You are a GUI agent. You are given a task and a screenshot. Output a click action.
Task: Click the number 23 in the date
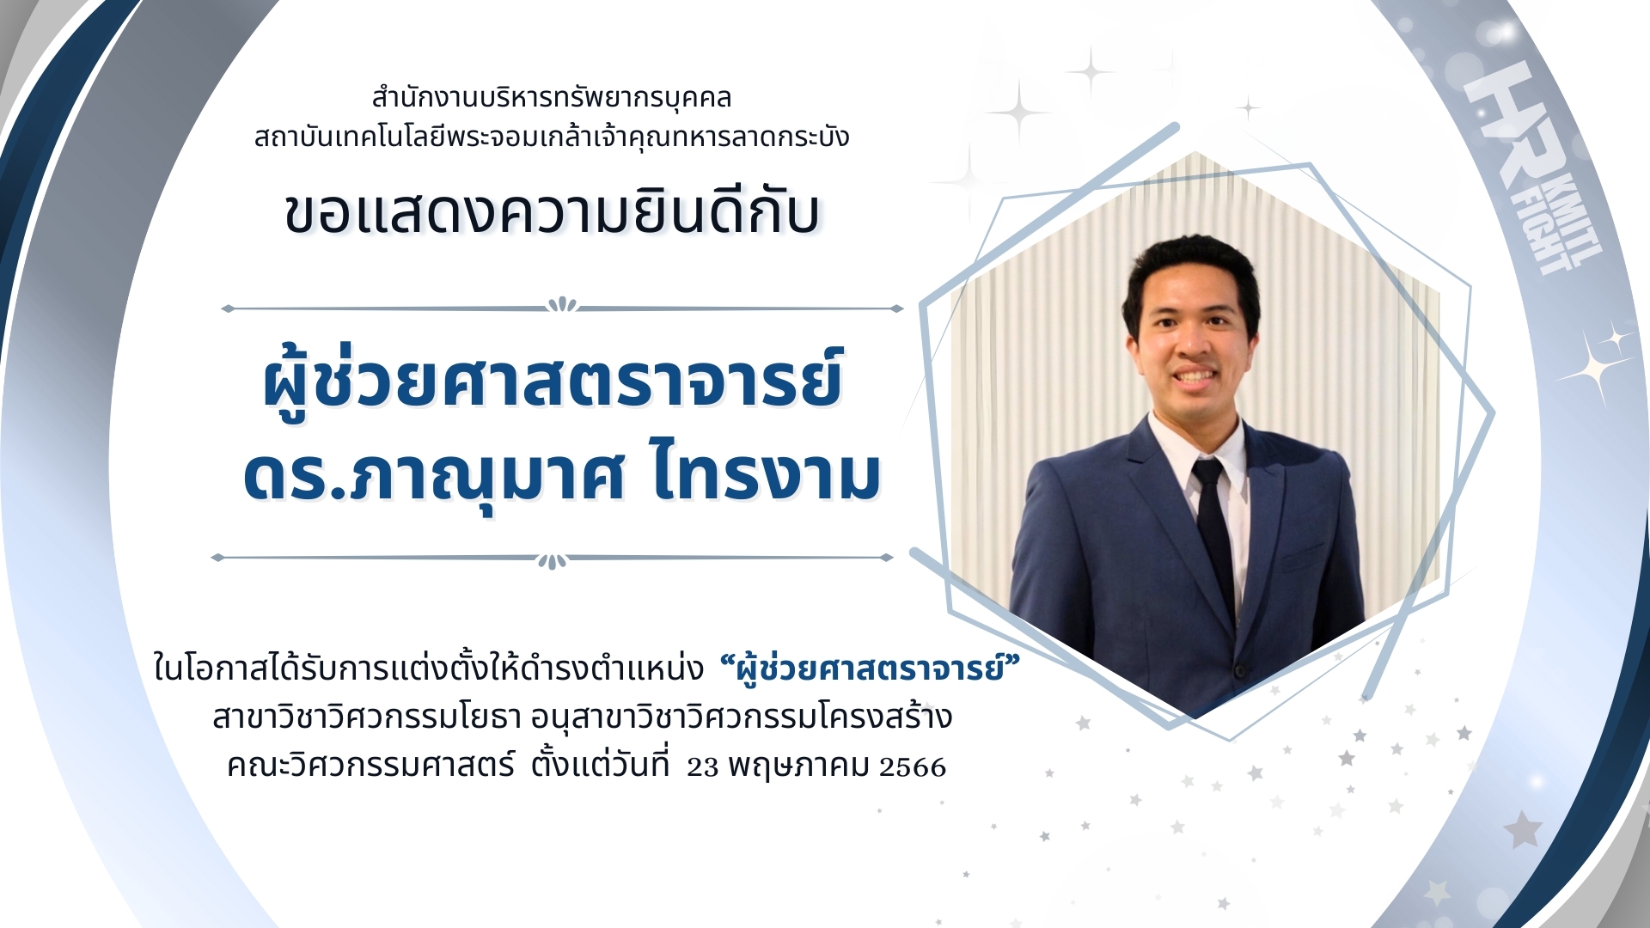coord(702,766)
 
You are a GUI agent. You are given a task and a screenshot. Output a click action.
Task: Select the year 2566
coord(913,766)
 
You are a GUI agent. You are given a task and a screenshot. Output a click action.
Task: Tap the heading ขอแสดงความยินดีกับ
coord(553,212)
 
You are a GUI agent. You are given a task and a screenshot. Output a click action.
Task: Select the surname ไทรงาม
coord(767,474)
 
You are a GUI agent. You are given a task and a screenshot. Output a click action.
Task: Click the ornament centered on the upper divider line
coord(563,304)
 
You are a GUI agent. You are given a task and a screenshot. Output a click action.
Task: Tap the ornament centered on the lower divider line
coord(553,561)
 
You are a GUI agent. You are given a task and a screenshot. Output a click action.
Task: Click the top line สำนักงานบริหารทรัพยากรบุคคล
coord(552,98)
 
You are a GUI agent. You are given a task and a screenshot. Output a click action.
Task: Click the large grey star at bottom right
coord(1523,829)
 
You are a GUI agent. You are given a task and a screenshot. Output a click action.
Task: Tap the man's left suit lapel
coord(1264,524)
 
